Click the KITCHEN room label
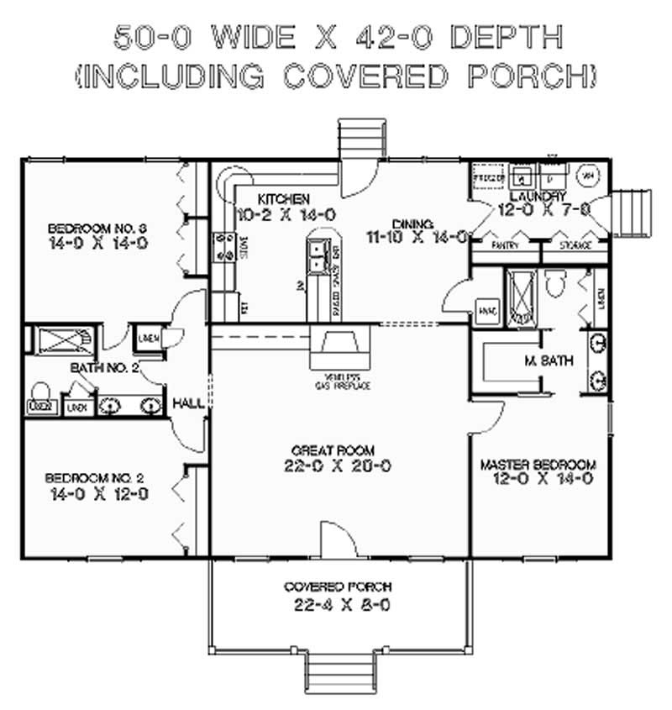(283, 199)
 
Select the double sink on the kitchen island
(318, 255)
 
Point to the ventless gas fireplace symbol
(339, 344)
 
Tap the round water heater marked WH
(587, 175)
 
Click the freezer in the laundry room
(487, 178)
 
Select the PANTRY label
(505, 245)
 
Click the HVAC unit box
(487, 309)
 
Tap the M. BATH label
(549, 360)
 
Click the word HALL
(188, 404)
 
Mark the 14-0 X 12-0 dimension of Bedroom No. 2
(98, 494)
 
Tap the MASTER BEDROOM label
(538, 465)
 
